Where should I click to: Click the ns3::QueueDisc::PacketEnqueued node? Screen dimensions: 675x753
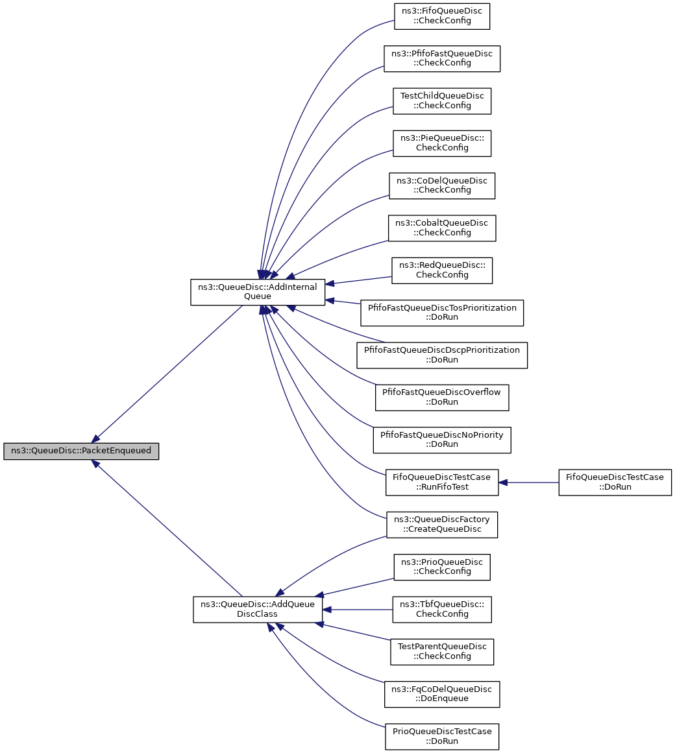(x=81, y=451)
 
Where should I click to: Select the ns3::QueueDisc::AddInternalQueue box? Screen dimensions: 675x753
(x=258, y=291)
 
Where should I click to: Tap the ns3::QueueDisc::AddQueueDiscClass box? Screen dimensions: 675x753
(x=258, y=610)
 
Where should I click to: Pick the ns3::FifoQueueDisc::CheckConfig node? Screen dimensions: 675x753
(x=442, y=16)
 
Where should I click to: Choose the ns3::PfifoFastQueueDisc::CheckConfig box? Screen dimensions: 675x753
(x=442, y=58)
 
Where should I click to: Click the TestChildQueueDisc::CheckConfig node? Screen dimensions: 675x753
(x=442, y=101)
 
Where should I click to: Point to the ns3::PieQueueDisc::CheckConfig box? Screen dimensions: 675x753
(x=442, y=143)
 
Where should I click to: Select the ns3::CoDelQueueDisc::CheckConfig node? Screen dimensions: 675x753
(x=442, y=186)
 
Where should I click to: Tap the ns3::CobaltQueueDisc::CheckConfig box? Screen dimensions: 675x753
(x=442, y=228)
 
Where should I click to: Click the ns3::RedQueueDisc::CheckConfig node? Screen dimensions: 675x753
(x=442, y=270)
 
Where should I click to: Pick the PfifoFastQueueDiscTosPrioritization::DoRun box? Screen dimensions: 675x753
(x=442, y=313)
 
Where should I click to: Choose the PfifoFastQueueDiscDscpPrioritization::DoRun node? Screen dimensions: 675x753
(x=442, y=355)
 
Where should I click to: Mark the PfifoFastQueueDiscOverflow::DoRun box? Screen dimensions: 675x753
(x=442, y=398)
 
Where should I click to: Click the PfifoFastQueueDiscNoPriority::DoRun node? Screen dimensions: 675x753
(x=442, y=440)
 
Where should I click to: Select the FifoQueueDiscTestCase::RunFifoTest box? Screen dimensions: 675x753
(x=442, y=483)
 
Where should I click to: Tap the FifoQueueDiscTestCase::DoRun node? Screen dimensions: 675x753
(x=615, y=483)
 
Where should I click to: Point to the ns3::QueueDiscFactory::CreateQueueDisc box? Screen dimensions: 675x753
(x=442, y=525)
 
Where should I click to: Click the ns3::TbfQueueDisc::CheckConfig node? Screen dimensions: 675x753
(x=442, y=610)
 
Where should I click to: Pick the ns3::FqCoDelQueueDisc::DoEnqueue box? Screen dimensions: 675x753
(x=442, y=695)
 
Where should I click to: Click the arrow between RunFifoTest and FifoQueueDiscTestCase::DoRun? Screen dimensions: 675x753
(x=529, y=483)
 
